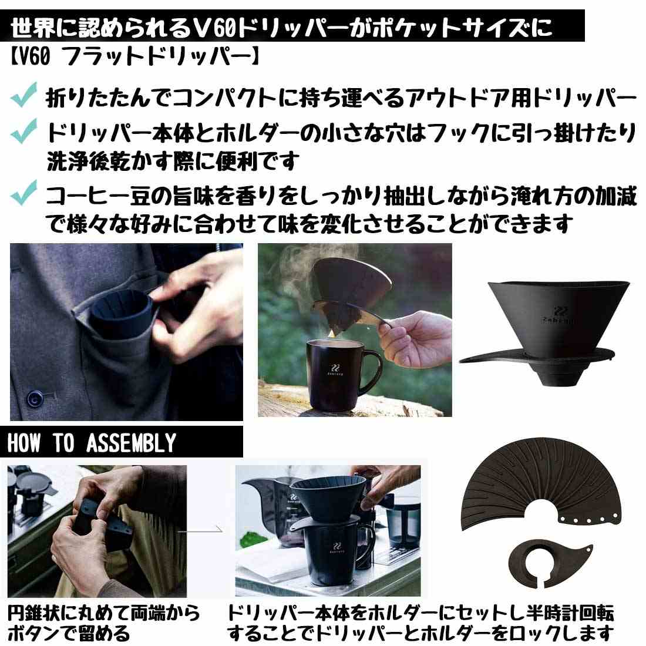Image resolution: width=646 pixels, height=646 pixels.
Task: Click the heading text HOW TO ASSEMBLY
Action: pyautogui.click(x=92, y=442)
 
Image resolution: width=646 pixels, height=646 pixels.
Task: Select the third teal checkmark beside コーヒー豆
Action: pyautogui.click(x=24, y=193)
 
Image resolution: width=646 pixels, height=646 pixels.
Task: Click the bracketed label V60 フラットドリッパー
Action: pyautogui.click(x=134, y=56)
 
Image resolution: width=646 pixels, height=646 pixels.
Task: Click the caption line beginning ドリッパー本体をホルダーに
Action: pyautogui.click(x=420, y=613)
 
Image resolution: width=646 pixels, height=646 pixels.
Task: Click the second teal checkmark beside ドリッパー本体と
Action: pyautogui.click(x=24, y=130)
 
